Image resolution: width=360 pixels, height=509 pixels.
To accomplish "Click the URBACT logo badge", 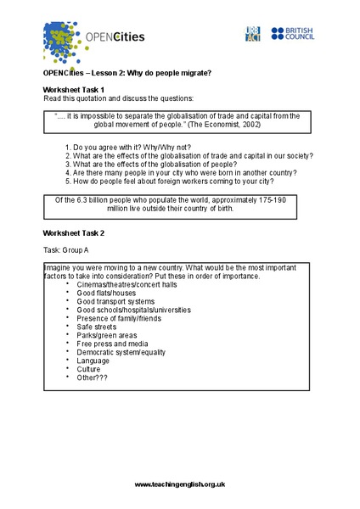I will [x=251, y=34].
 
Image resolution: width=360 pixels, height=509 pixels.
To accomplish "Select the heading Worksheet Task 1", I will [x=74, y=89].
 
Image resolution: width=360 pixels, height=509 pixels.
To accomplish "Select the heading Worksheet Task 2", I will [x=74, y=232].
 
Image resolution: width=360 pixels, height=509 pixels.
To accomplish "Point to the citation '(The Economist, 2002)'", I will [x=219, y=125].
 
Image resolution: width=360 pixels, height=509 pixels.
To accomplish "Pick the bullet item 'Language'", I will [x=94, y=361].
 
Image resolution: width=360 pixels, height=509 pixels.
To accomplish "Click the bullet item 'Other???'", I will [x=93, y=378].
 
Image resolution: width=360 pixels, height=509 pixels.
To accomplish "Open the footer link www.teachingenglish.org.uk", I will [x=180, y=483].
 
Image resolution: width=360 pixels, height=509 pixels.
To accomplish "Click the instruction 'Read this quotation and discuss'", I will [x=119, y=98].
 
